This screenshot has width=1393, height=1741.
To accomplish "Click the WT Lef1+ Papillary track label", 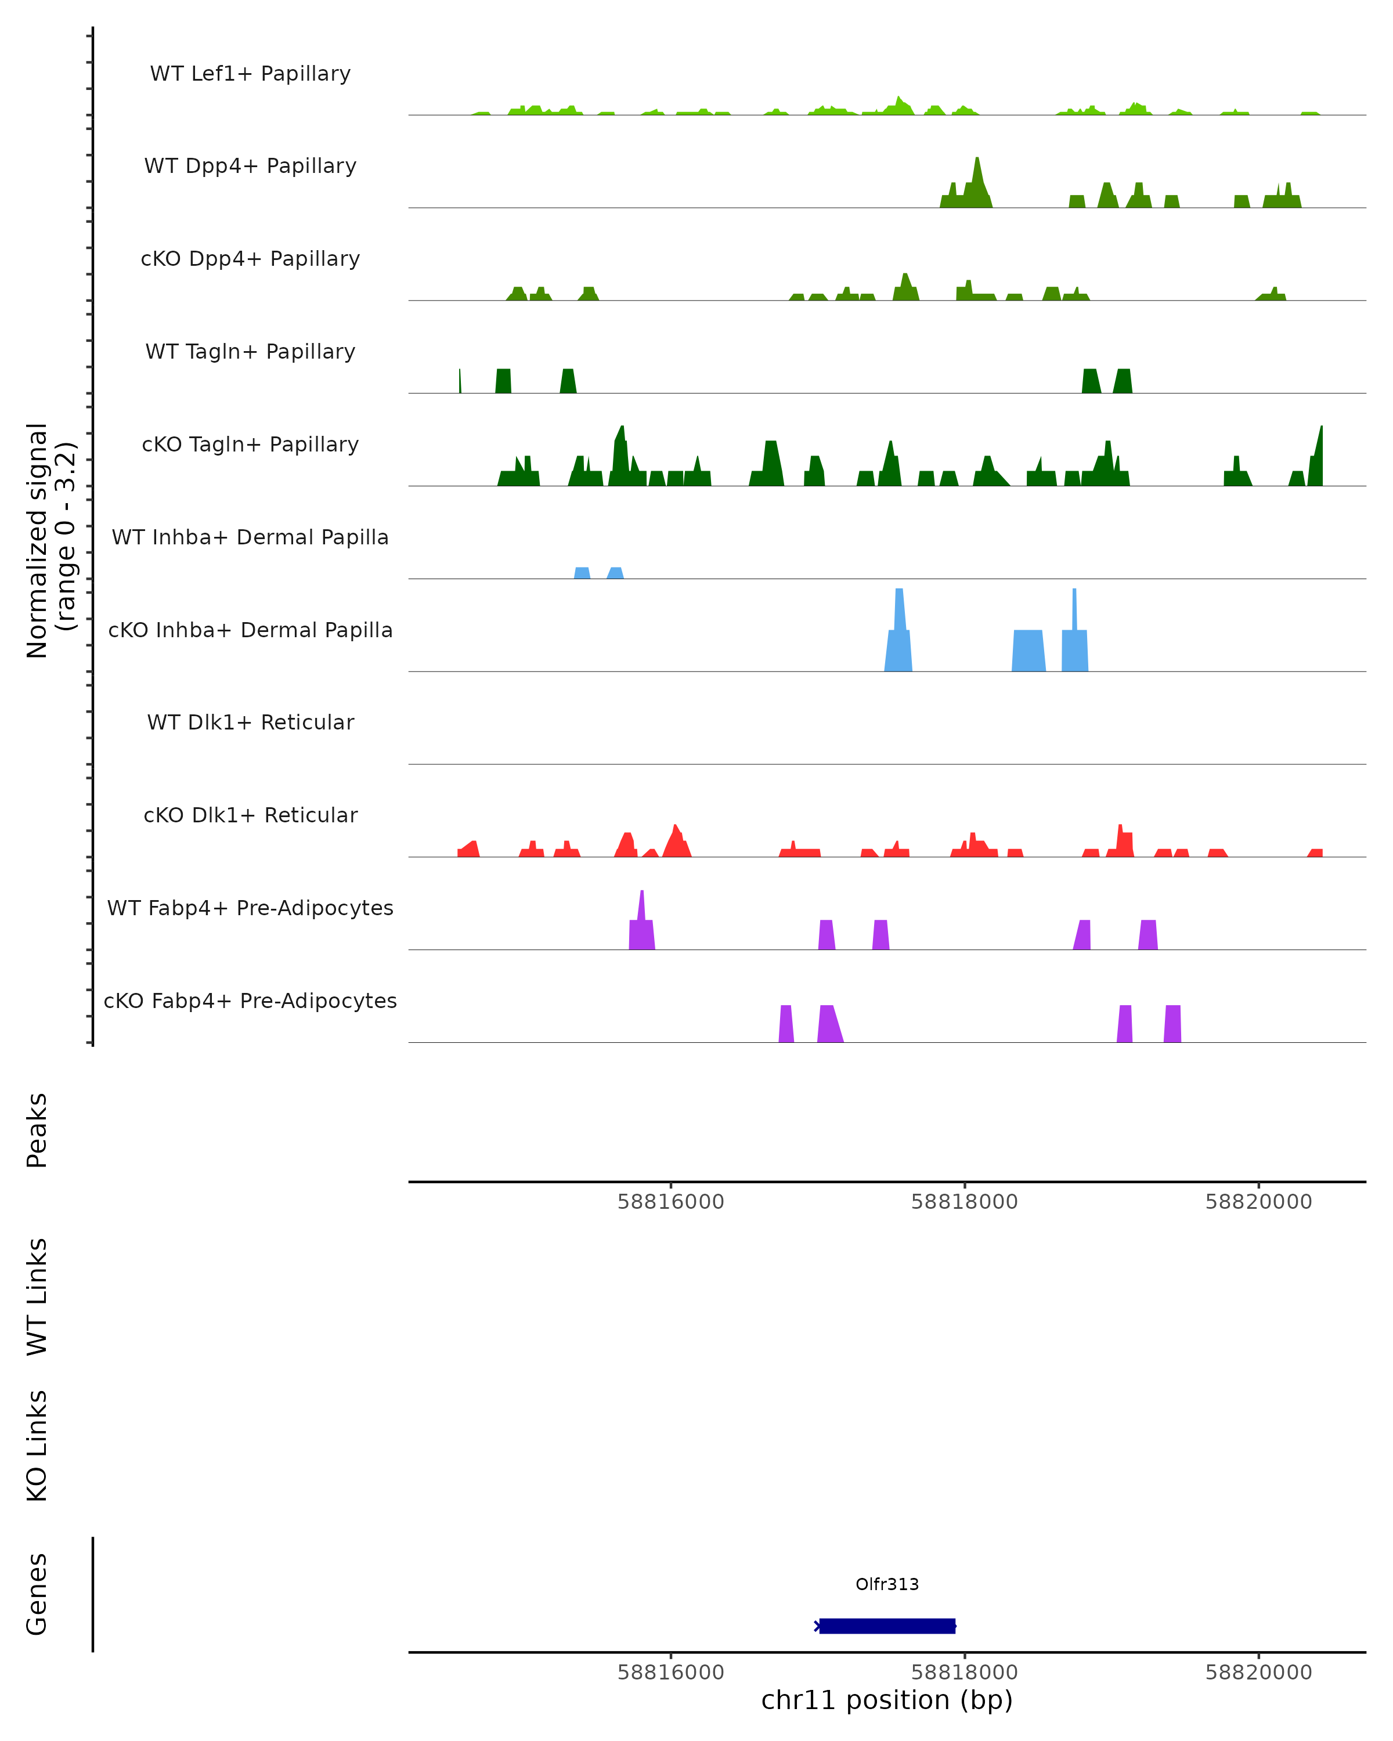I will click(250, 74).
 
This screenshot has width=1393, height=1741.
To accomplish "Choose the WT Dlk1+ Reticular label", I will click(250, 722).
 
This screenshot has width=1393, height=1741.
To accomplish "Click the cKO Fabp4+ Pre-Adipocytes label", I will click(250, 1000).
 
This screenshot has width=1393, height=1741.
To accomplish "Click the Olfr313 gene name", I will click(887, 1584).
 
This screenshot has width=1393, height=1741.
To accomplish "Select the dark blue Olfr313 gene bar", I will click(887, 1626).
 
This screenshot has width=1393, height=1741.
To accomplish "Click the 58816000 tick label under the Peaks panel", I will click(670, 1202).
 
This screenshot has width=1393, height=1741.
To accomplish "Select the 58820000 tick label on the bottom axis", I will click(1258, 1673).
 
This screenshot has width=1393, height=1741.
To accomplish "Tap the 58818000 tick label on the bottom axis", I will click(964, 1673).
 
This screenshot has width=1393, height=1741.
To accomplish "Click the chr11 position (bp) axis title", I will click(887, 1700).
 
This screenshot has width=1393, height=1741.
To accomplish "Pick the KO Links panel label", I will click(37, 1446).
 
